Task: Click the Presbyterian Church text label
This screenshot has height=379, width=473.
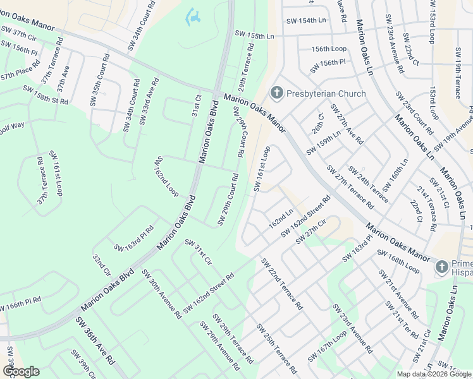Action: click(326, 94)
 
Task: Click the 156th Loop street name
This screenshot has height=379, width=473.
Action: click(329, 49)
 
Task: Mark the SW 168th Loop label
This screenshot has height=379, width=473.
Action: click(398, 262)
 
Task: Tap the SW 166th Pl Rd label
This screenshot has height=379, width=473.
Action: click(20, 305)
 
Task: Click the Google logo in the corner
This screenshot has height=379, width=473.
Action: click(21, 371)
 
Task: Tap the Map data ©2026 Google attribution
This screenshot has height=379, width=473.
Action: click(433, 374)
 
